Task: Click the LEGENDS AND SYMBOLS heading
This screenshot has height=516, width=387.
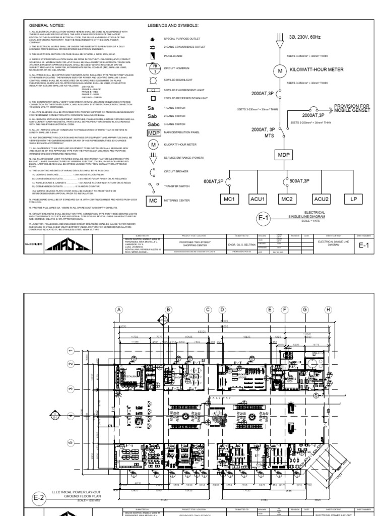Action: (172, 25)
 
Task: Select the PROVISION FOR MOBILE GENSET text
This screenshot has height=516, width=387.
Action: (351, 109)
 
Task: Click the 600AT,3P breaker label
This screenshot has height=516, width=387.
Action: (214, 181)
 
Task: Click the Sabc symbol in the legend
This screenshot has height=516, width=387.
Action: (153, 123)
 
